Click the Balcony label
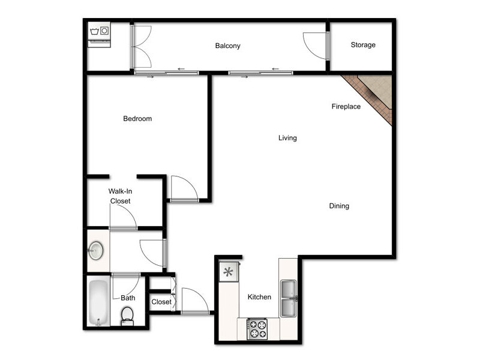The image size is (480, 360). coord(227,46)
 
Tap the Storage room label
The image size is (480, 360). coord(363,44)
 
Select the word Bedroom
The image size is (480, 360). coord(137,118)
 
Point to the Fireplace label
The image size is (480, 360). coord(346,106)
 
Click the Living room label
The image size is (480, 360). coord(287,138)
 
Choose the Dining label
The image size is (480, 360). coord(339,206)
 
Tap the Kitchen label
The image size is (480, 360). coord(259,296)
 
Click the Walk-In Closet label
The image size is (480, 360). coord(121,196)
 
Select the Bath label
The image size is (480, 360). coord(128,298)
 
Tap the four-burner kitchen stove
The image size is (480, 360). coord(257,329)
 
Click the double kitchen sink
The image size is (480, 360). coord(289,298)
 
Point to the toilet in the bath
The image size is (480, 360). coord(127,317)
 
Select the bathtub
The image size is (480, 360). coord(98,303)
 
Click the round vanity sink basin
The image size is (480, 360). coord(96,251)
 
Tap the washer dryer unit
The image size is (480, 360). coord(99,35)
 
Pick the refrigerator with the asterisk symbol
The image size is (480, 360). coord(229,272)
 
